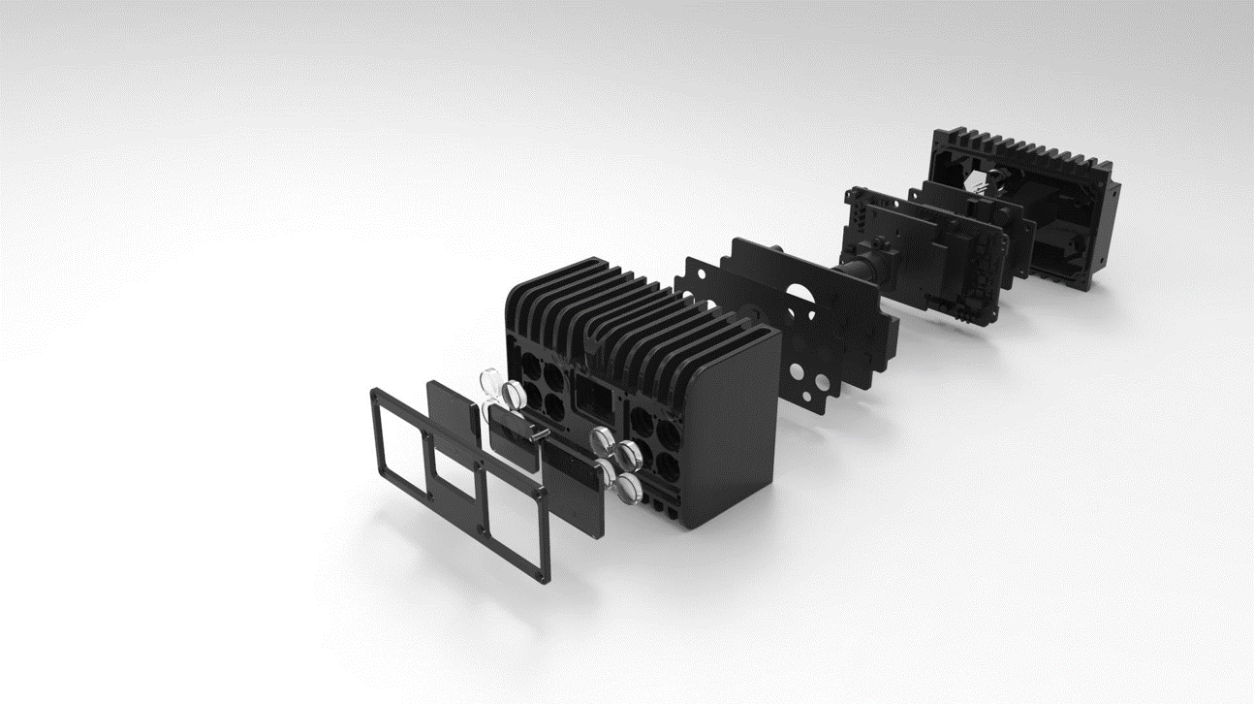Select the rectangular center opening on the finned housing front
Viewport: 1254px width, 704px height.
[x=591, y=398]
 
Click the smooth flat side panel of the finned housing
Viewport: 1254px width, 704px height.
[x=734, y=427]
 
